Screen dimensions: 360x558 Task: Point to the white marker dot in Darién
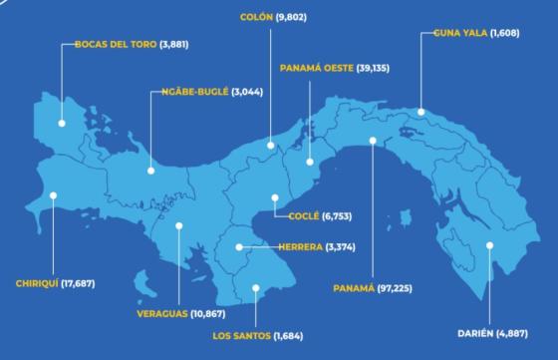point(489,245)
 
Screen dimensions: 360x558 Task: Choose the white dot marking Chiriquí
point(54,195)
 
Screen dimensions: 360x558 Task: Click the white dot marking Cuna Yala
point(420,112)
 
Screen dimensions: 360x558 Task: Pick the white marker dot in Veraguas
point(178,225)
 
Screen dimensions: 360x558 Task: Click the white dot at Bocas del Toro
point(62,123)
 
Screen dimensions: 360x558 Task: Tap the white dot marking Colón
point(270,146)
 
